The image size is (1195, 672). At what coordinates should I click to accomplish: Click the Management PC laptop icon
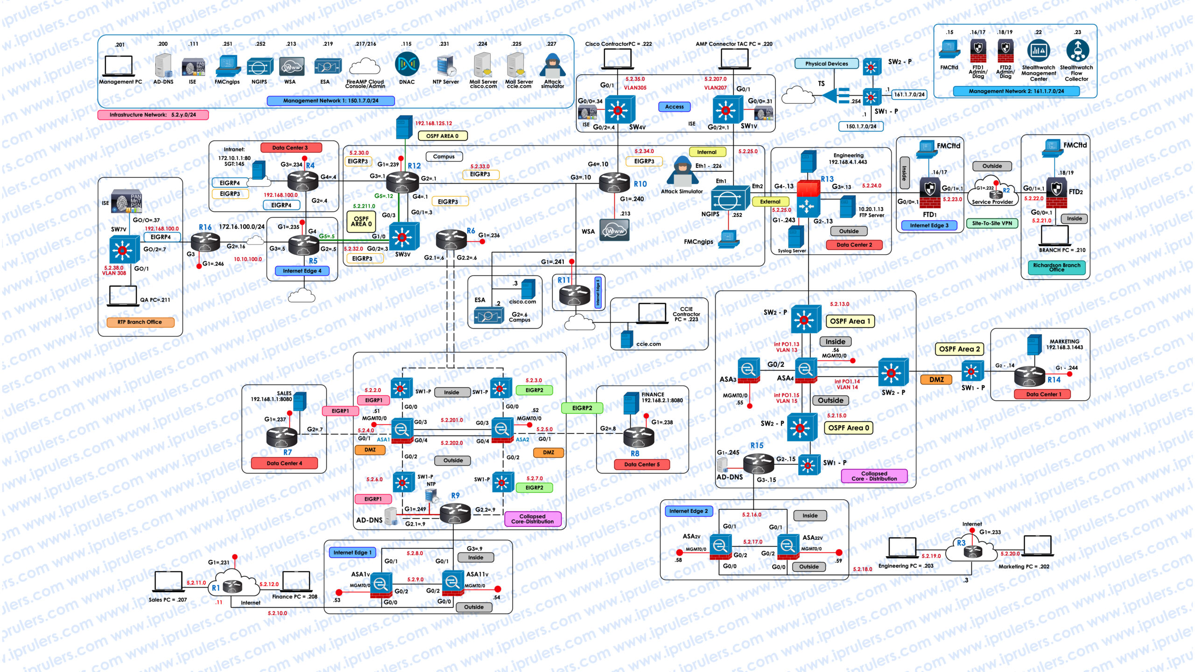(119, 66)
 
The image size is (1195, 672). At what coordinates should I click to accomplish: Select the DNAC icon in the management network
(407, 64)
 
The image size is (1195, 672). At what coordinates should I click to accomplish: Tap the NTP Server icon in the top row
(445, 66)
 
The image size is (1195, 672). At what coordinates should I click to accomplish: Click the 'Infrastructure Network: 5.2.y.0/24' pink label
(153, 115)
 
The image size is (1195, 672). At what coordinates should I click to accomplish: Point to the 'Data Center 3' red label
(290, 148)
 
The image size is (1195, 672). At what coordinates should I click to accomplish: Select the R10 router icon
(614, 182)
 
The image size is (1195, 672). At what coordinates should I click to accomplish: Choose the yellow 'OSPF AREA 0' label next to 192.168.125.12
(442, 136)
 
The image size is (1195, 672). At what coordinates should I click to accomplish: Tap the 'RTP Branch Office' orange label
(140, 322)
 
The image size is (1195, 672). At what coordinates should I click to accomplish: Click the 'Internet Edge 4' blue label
(302, 271)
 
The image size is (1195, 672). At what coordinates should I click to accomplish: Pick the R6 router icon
(450, 239)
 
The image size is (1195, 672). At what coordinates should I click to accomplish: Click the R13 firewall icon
(808, 198)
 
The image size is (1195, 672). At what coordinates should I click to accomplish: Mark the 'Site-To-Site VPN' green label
(992, 224)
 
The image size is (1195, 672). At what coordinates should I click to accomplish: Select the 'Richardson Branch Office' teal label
(1057, 267)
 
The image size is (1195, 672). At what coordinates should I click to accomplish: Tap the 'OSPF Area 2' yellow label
(959, 349)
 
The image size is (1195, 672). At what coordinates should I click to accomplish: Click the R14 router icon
(1030, 375)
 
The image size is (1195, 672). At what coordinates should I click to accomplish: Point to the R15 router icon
(758, 462)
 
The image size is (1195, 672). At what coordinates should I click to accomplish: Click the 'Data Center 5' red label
(642, 464)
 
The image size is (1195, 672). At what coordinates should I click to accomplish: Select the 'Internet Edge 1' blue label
(352, 553)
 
